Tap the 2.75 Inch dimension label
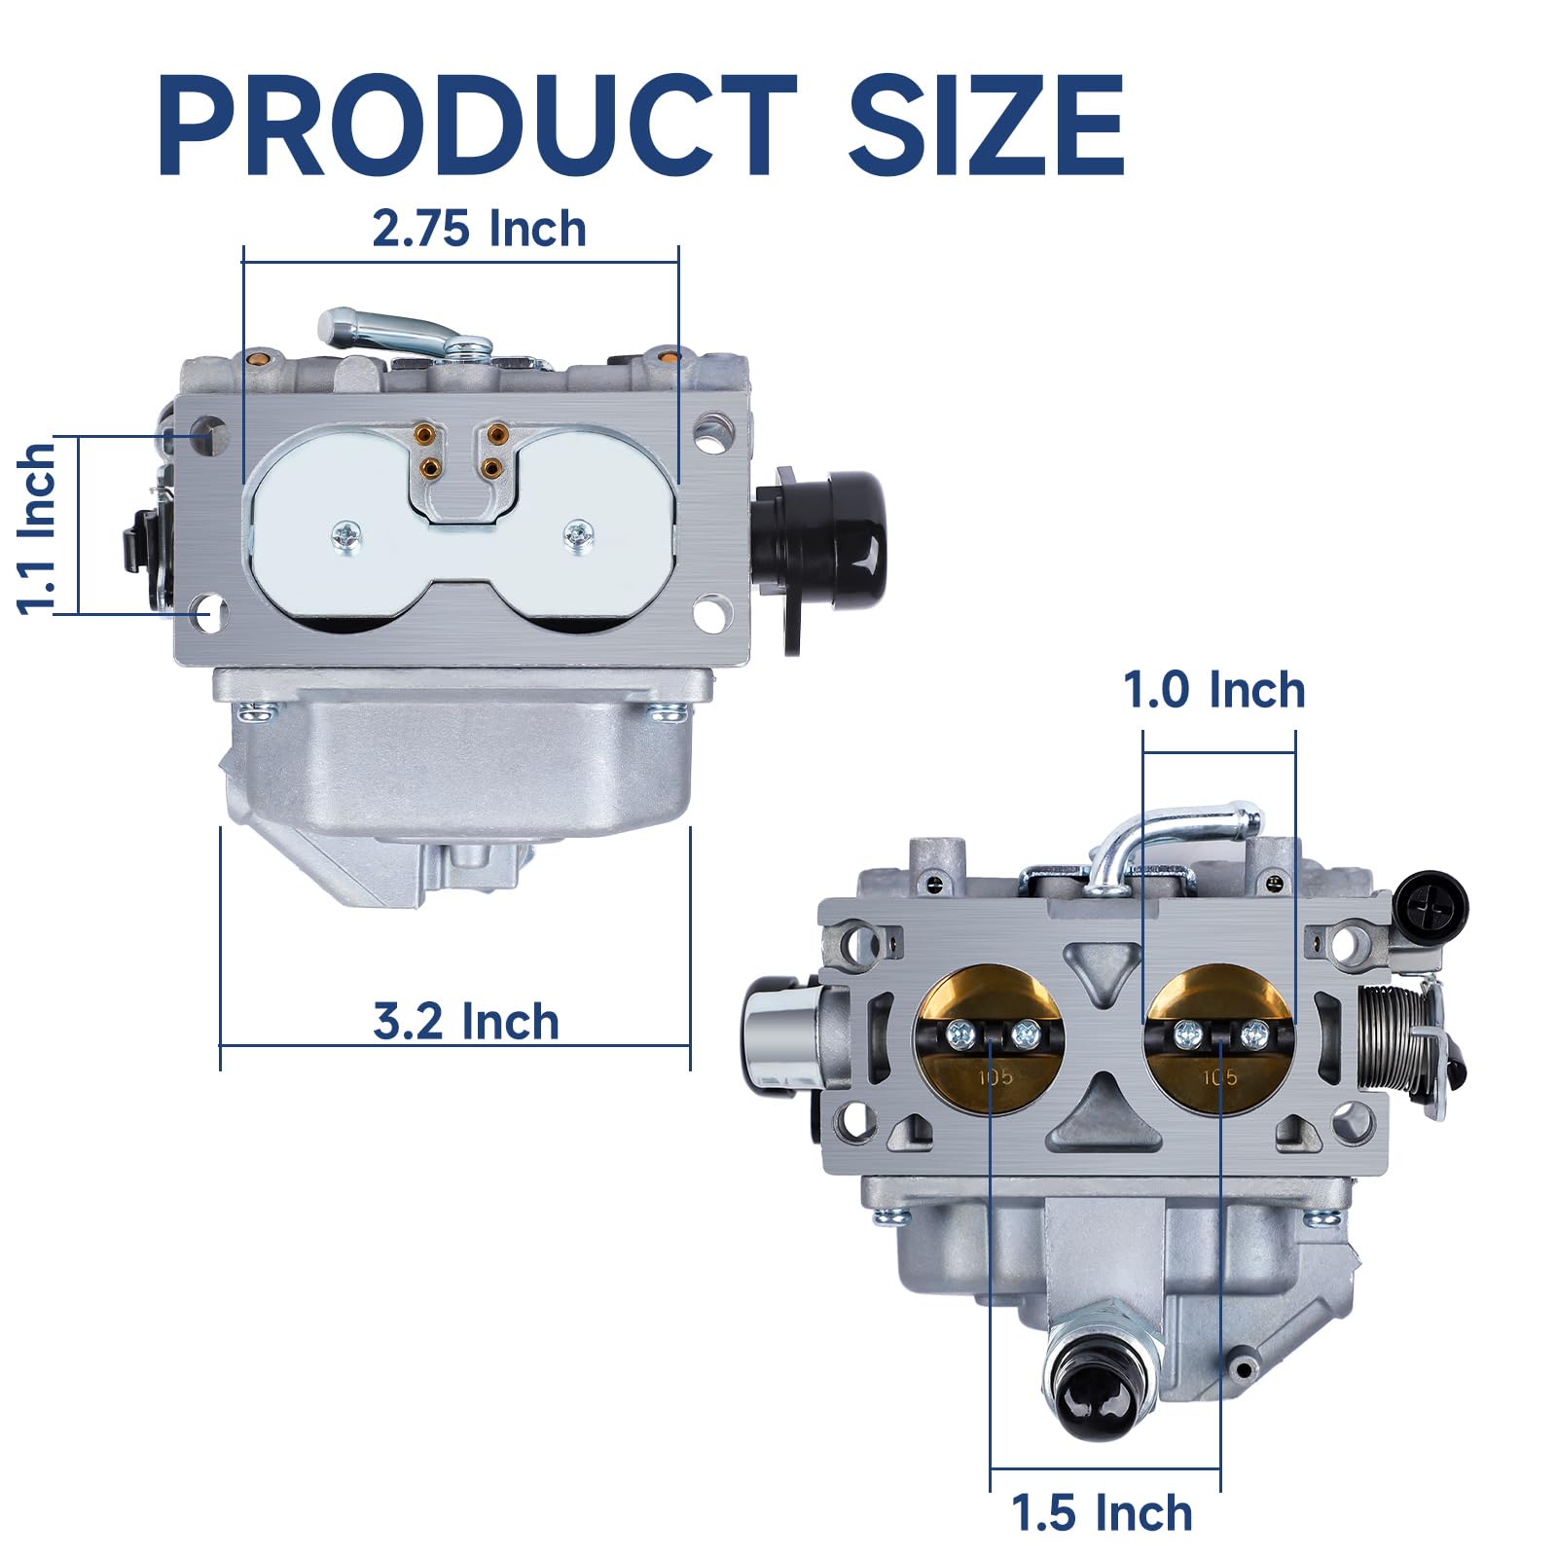pyautogui.click(x=479, y=230)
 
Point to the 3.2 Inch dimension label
pyautogui.click(x=466, y=1022)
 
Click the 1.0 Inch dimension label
pyautogui.click(x=1213, y=690)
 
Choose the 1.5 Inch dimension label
pyautogui.click(x=1101, y=1513)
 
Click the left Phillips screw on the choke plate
pyautogui.click(x=346, y=533)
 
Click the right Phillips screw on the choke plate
pyautogui.click(x=579, y=531)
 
